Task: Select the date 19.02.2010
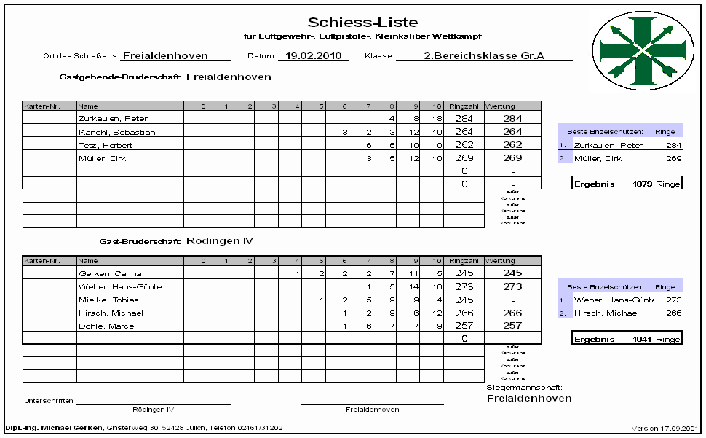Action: click(313, 55)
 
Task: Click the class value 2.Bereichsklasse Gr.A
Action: click(484, 55)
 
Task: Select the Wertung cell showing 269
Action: click(512, 158)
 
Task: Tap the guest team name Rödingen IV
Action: click(219, 240)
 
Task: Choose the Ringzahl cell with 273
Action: click(464, 286)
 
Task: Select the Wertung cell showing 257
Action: click(512, 326)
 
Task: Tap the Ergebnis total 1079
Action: click(643, 184)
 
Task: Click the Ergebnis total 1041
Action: click(643, 340)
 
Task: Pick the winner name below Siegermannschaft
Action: click(528, 399)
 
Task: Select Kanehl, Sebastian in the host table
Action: click(116, 132)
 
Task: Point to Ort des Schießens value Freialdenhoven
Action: click(165, 55)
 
